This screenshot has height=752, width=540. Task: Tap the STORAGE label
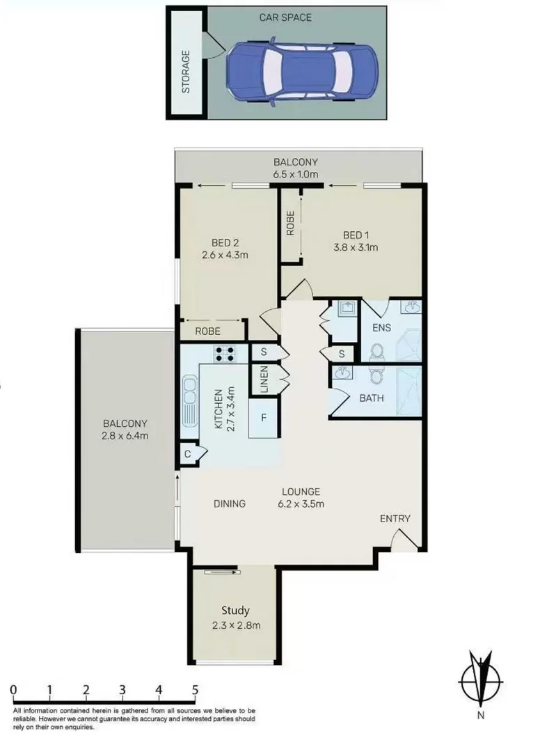point(186,71)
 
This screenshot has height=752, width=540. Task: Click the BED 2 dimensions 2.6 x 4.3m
point(225,255)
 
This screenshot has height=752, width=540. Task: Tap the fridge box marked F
point(264,418)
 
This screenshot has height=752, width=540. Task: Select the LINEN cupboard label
point(264,380)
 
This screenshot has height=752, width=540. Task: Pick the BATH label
point(371,399)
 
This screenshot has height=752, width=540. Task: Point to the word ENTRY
point(395,518)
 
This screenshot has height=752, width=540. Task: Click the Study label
point(236,611)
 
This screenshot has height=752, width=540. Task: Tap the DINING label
point(229,503)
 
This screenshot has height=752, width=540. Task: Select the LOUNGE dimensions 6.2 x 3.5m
point(300,503)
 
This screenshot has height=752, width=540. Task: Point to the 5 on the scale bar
point(195,690)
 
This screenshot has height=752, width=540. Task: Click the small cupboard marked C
point(188,454)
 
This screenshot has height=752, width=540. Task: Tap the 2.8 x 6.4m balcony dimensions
point(125,436)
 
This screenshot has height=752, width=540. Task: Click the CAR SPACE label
point(285,17)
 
